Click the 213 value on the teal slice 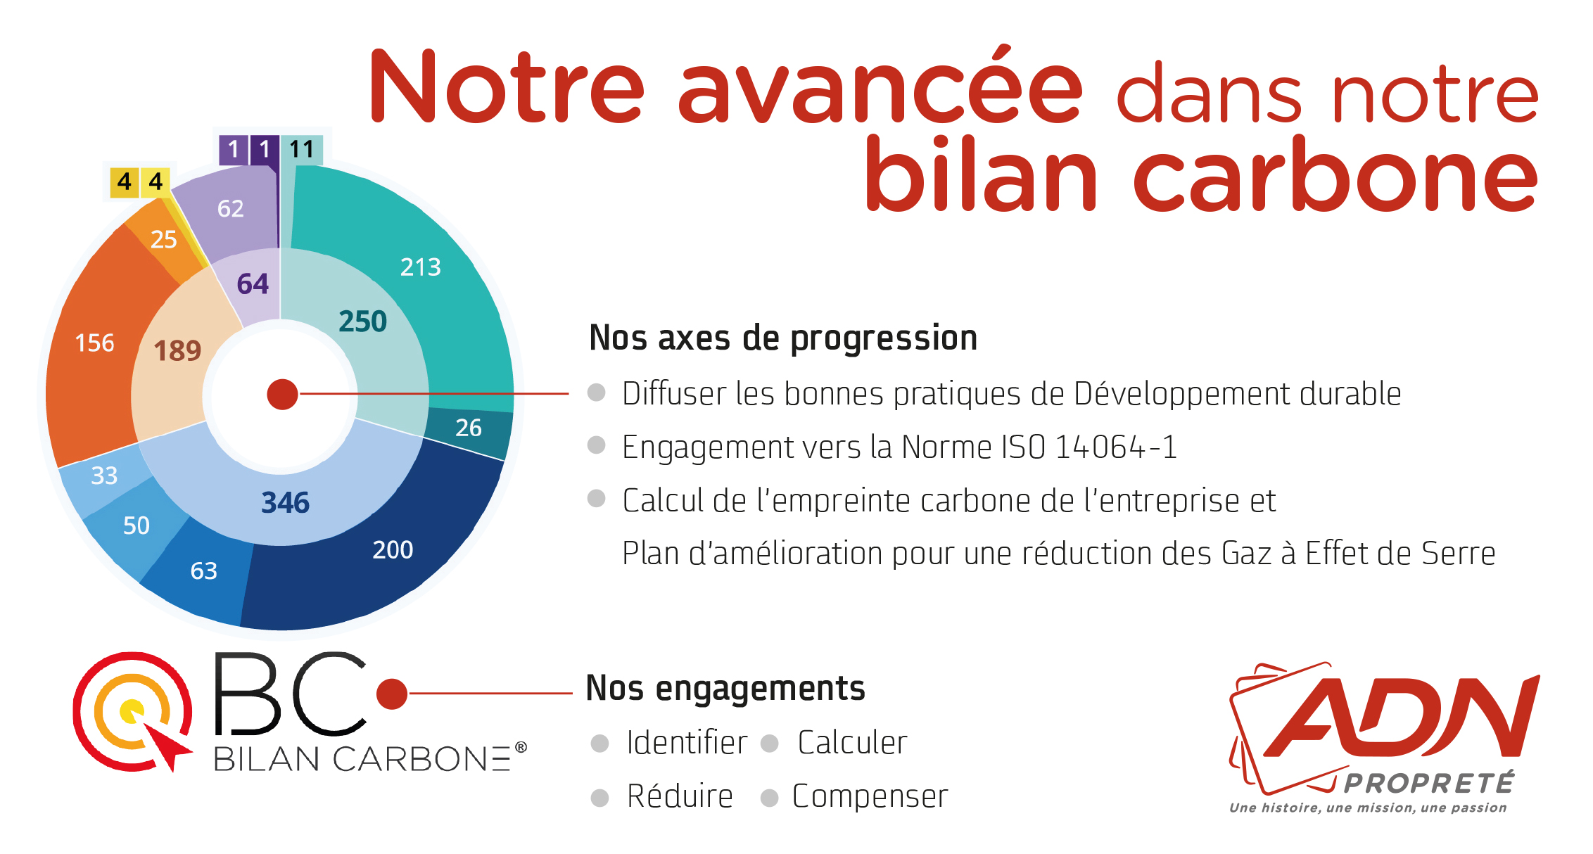[420, 267]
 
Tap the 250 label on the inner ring [362, 321]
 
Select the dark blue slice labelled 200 [392, 549]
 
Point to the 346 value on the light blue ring [285, 503]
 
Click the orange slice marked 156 [94, 343]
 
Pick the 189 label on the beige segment [177, 350]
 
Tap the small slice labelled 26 [468, 428]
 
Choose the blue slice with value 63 [203, 571]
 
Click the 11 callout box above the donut [301, 149]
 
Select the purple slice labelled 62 [230, 208]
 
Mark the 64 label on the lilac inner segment [253, 284]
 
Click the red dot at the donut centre [282, 395]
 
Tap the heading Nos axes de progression [783, 338]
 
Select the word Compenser [870, 796]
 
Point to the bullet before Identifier [599, 744]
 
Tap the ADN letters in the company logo [1400, 718]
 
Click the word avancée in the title [880, 88]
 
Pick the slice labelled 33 [104, 476]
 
